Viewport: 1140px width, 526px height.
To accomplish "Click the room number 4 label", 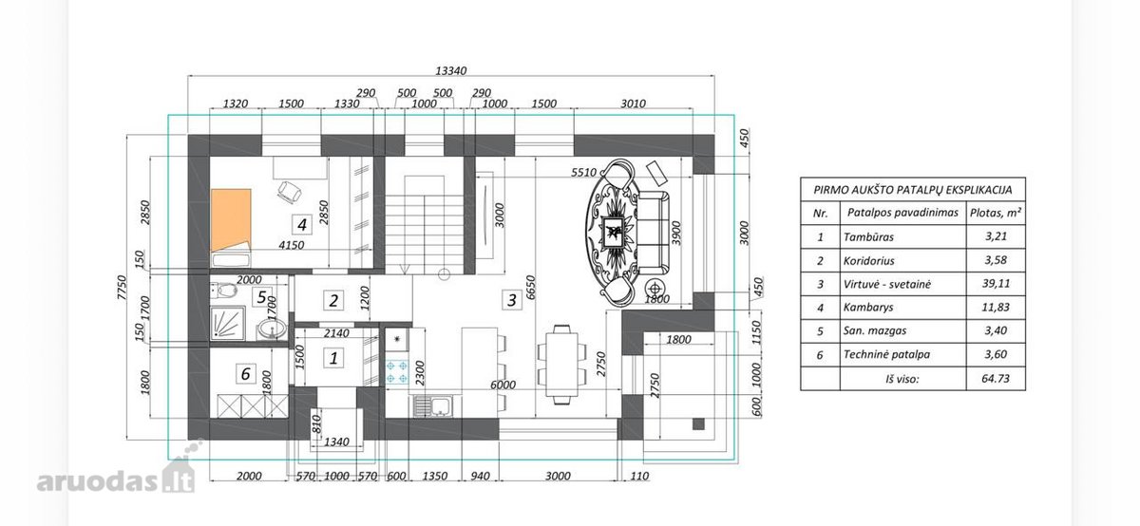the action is (302, 224).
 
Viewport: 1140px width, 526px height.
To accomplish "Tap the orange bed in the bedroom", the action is (231, 219).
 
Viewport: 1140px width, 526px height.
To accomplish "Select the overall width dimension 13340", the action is (451, 70).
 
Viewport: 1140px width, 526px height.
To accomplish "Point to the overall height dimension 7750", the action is (122, 287).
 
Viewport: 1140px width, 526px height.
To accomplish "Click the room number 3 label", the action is (511, 300).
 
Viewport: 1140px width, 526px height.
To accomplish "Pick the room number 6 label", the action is (245, 374).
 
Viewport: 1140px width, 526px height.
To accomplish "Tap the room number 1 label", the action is (333, 358).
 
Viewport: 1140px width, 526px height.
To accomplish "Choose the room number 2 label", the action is (333, 301).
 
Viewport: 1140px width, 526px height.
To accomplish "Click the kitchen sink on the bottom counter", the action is (433, 406).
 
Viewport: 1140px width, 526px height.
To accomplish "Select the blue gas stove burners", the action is (396, 372).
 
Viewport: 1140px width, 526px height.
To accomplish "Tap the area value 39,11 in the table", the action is (996, 283).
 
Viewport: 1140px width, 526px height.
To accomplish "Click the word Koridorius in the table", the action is (868, 260).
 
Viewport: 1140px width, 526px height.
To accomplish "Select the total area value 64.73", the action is (996, 379).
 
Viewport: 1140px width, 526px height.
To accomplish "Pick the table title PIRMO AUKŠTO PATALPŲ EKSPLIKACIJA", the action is (913, 190).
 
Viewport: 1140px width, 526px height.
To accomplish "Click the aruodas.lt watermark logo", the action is (116, 476).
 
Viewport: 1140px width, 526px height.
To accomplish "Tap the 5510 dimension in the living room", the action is (583, 173).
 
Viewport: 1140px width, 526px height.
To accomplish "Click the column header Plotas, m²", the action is (996, 213).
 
